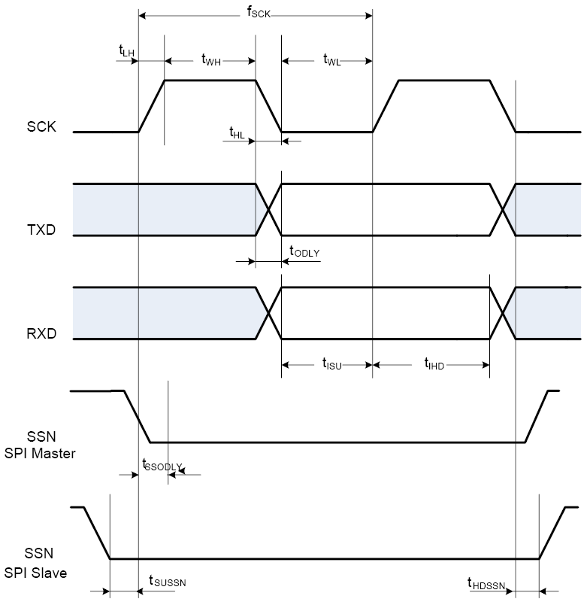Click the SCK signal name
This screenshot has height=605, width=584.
(x=41, y=127)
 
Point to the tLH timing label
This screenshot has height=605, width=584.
(x=126, y=50)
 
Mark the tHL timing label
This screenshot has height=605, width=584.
(x=237, y=132)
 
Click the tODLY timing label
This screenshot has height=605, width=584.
(x=304, y=253)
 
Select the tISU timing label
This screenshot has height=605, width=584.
(x=332, y=366)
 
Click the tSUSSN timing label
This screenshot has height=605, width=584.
(x=167, y=581)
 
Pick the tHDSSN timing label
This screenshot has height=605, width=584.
(x=486, y=583)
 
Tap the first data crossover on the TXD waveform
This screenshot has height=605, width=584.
(x=268, y=210)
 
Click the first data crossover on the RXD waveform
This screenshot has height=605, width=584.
(x=268, y=314)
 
